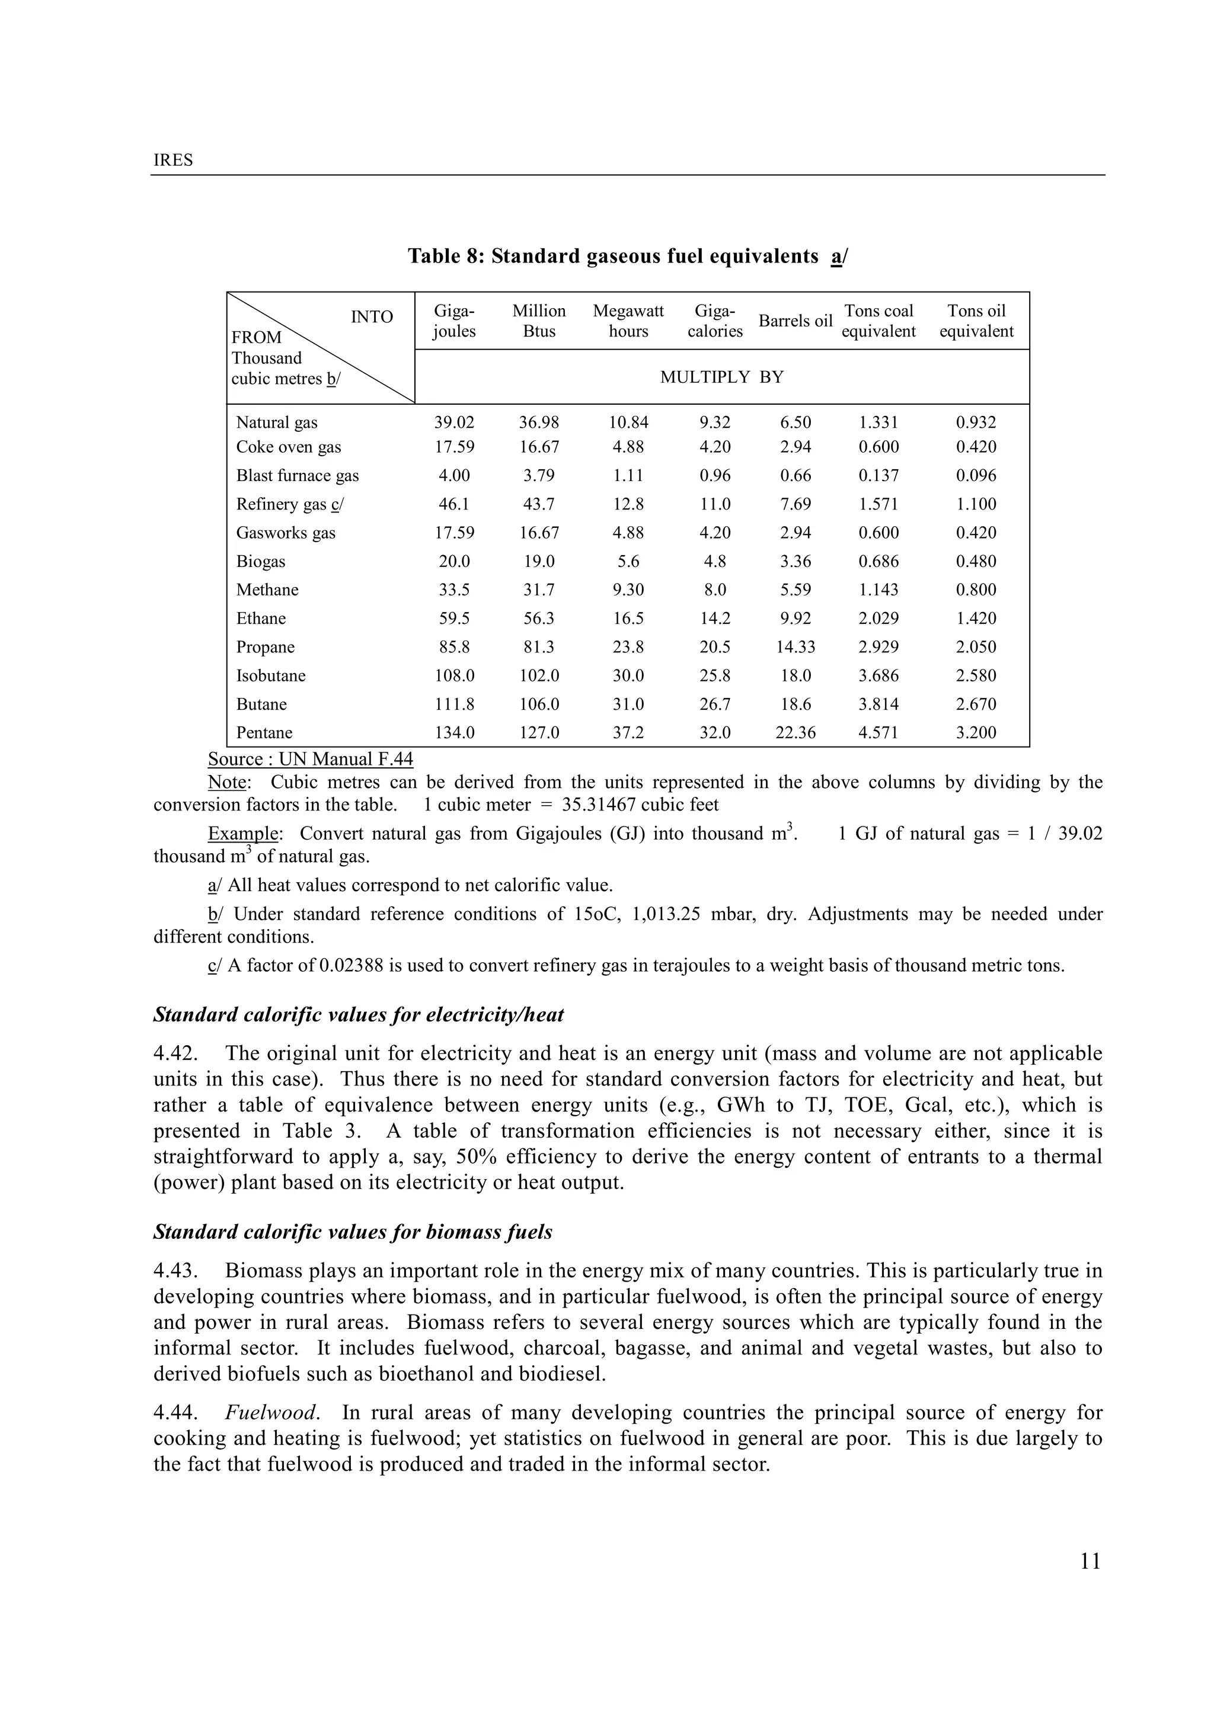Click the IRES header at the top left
[x=172, y=160]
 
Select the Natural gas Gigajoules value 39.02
[x=454, y=422]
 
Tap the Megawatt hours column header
[x=628, y=321]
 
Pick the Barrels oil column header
[x=795, y=321]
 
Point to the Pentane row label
[x=264, y=733]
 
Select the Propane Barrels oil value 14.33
[x=795, y=647]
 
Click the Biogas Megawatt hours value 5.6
[x=628, y=562]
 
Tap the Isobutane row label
[x=271, y=676]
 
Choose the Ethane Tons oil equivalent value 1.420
[x=976, y=619]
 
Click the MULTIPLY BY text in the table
[x=721, y=377]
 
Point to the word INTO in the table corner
[x=372, y=317]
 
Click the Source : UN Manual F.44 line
[x=309, y=759]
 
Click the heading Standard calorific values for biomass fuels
[x=352, y=1232]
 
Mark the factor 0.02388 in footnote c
[x=351, y=965]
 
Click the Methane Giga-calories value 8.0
[x=714, y=590]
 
